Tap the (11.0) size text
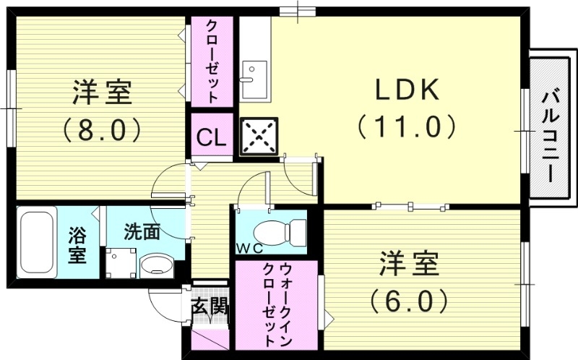(x=406, y=127)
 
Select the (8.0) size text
(x=100, y=130)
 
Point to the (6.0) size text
(x=409, y=299)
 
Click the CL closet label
(x=211, y=135)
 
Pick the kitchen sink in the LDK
(x=253, y=80)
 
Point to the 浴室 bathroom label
(x=77, y=244)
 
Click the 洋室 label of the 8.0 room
(x=101, y=94)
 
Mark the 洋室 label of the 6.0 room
(x=409, y=263)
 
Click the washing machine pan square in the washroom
(x=120, y=263)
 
